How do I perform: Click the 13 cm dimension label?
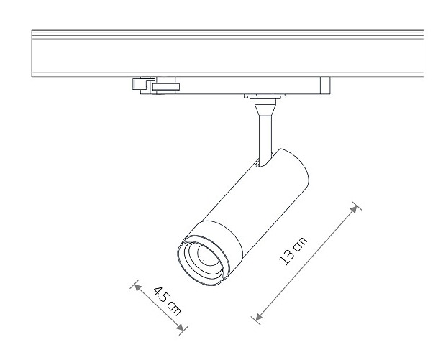click(293, 251)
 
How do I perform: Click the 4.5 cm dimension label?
click(168, 301)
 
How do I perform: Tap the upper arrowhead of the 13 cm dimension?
click(354, 209)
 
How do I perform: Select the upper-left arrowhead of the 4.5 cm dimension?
click(137, 287)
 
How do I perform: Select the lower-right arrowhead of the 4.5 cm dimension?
click(181, 327)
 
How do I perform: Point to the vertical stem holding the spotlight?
click(265, 134)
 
